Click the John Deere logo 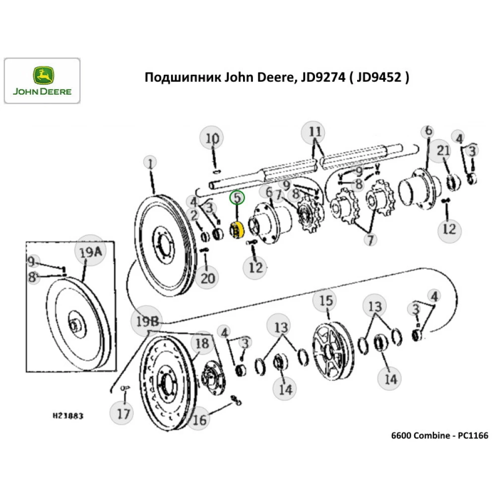point(42,81)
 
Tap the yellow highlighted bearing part point(235,231)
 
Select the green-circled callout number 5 point(237,198)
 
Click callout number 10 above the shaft point(212,138)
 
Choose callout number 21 point(443,151)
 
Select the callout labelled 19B point(147,321)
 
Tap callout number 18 point(201,343)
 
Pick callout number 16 point(199,420)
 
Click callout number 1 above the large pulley point(149,162)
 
